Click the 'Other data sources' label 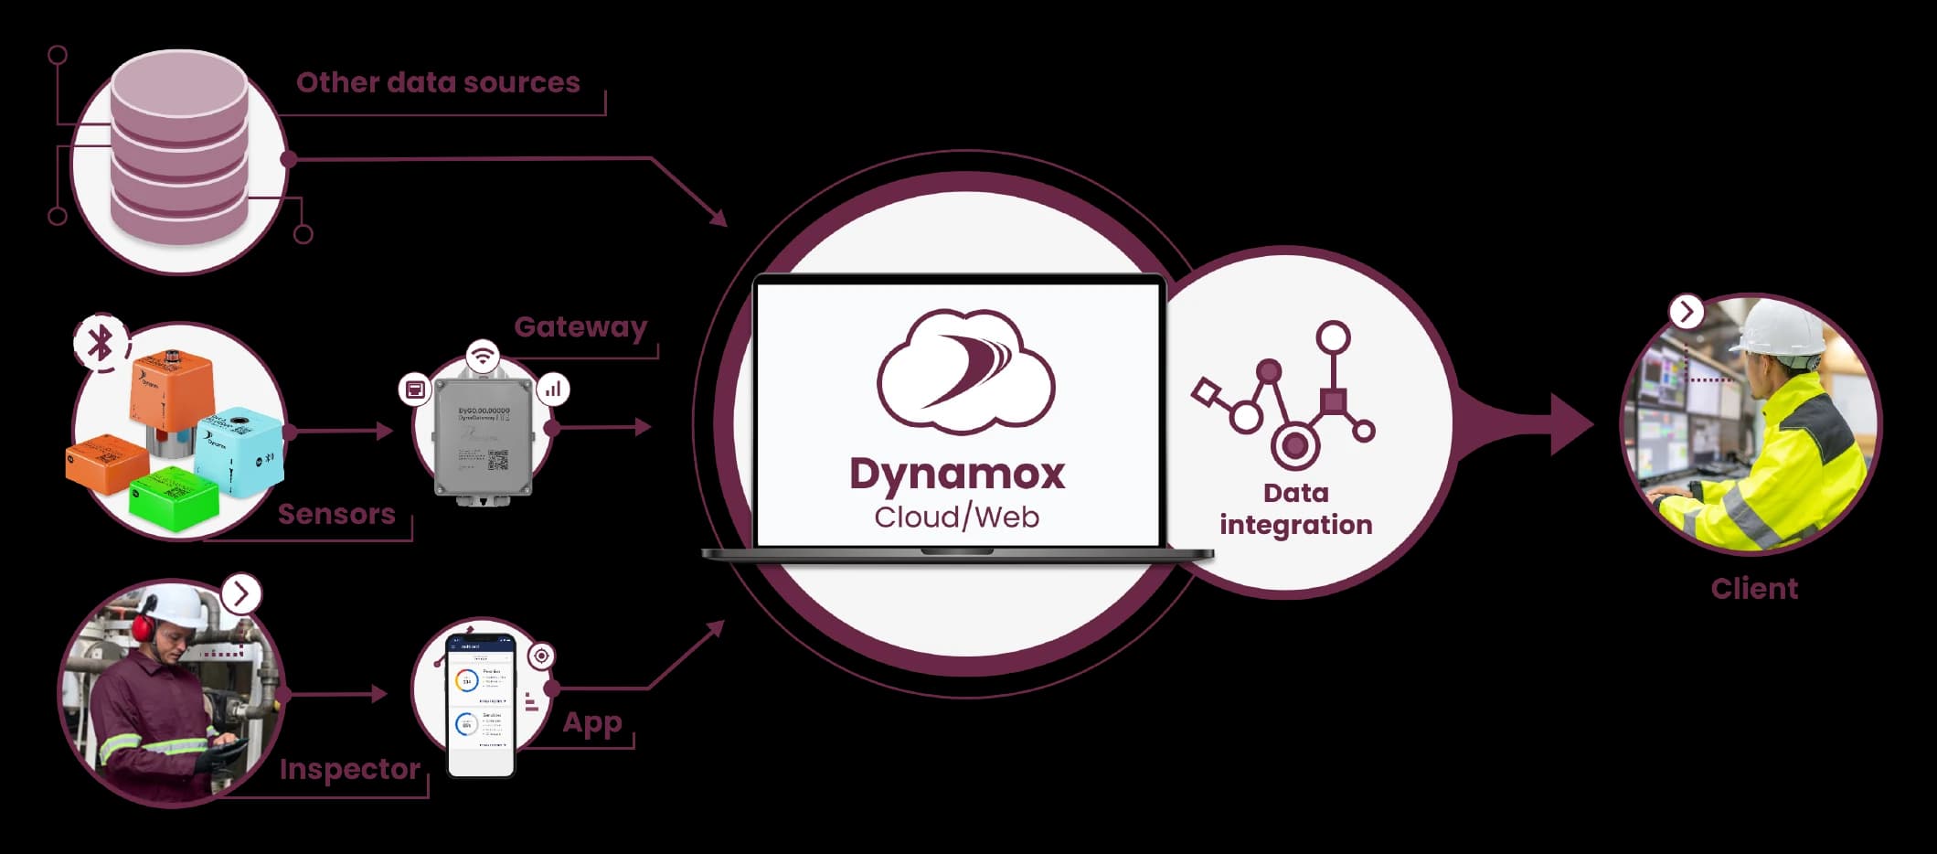click(438, 83)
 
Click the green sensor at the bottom click(174, 496)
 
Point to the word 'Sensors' click(336, 514)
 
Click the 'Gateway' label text click(580, 326)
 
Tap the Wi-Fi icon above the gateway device click(482, 354)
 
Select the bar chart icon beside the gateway click(553, 390)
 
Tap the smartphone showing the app click(481, 704)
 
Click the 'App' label click(591, 722)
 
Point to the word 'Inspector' click(350, 769)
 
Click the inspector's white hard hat click(178, 603)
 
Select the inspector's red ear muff click(143, 626)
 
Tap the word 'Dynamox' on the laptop click(957, 474)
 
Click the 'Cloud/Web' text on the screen click(956, 518)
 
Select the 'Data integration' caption click(1295, 508)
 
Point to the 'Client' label click(1753, 588)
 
